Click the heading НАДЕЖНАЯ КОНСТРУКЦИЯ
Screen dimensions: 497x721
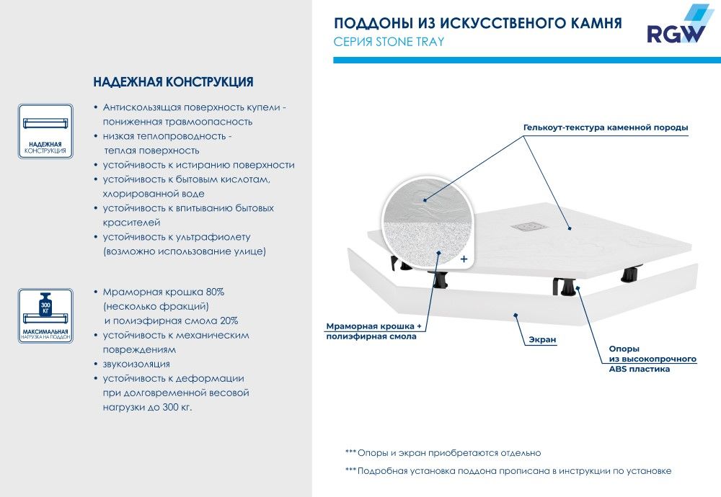pos(173,81)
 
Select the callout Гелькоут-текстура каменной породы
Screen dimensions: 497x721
pos(606,128)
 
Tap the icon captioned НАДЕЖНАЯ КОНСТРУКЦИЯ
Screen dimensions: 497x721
pos(45,130)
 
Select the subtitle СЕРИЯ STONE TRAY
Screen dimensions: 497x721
pos(389,42)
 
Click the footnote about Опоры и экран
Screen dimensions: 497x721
pos(443,453)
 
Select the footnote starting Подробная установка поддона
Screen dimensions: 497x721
pos(508,471)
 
